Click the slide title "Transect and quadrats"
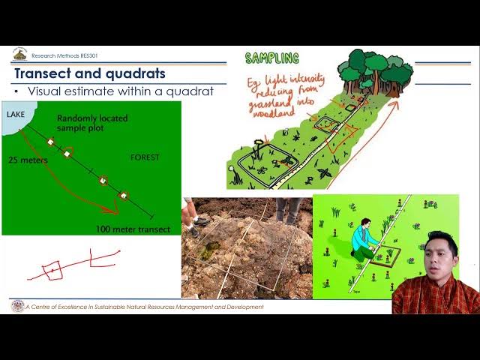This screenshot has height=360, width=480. click(90, 74)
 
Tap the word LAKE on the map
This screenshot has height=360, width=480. click(16, 114)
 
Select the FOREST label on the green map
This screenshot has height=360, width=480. click(145, 157)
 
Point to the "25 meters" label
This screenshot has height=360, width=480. click(28, 160)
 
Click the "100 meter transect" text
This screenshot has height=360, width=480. click(133, 229)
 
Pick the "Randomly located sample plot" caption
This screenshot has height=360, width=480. click(92, 123)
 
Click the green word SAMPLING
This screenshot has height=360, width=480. click(271, 58)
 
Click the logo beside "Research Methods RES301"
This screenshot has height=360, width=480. click(19, 55)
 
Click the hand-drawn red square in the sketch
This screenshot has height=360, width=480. click(52, 270)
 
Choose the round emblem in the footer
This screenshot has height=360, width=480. click(17, 306)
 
